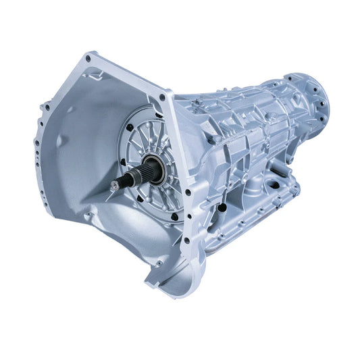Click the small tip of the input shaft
pos(113,186)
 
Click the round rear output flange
pos(313,95)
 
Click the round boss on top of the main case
pos(195,101)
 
